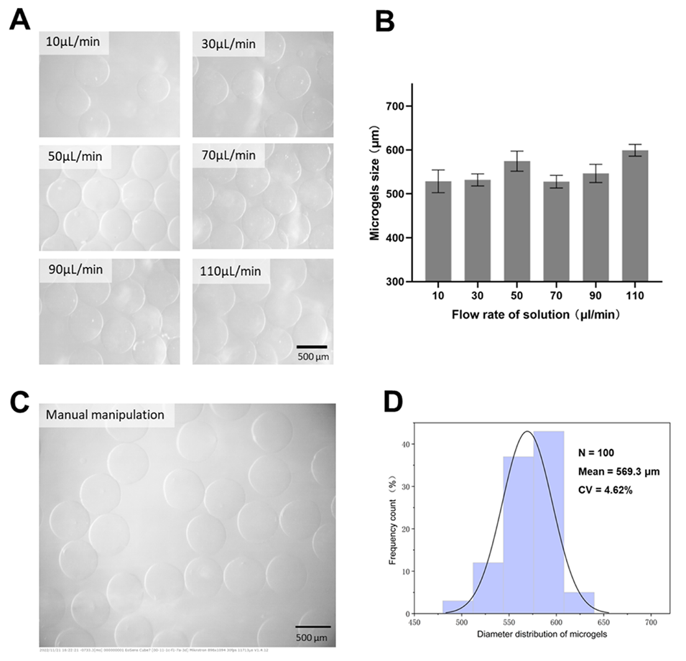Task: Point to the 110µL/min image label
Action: coord(231,272)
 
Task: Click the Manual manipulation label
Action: coord(105,415)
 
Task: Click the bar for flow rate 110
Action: coord(635,216)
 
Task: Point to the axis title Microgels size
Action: coord(376,182)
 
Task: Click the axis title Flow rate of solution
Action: coord(536,314)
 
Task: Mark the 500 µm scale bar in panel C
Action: coord(312,626)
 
